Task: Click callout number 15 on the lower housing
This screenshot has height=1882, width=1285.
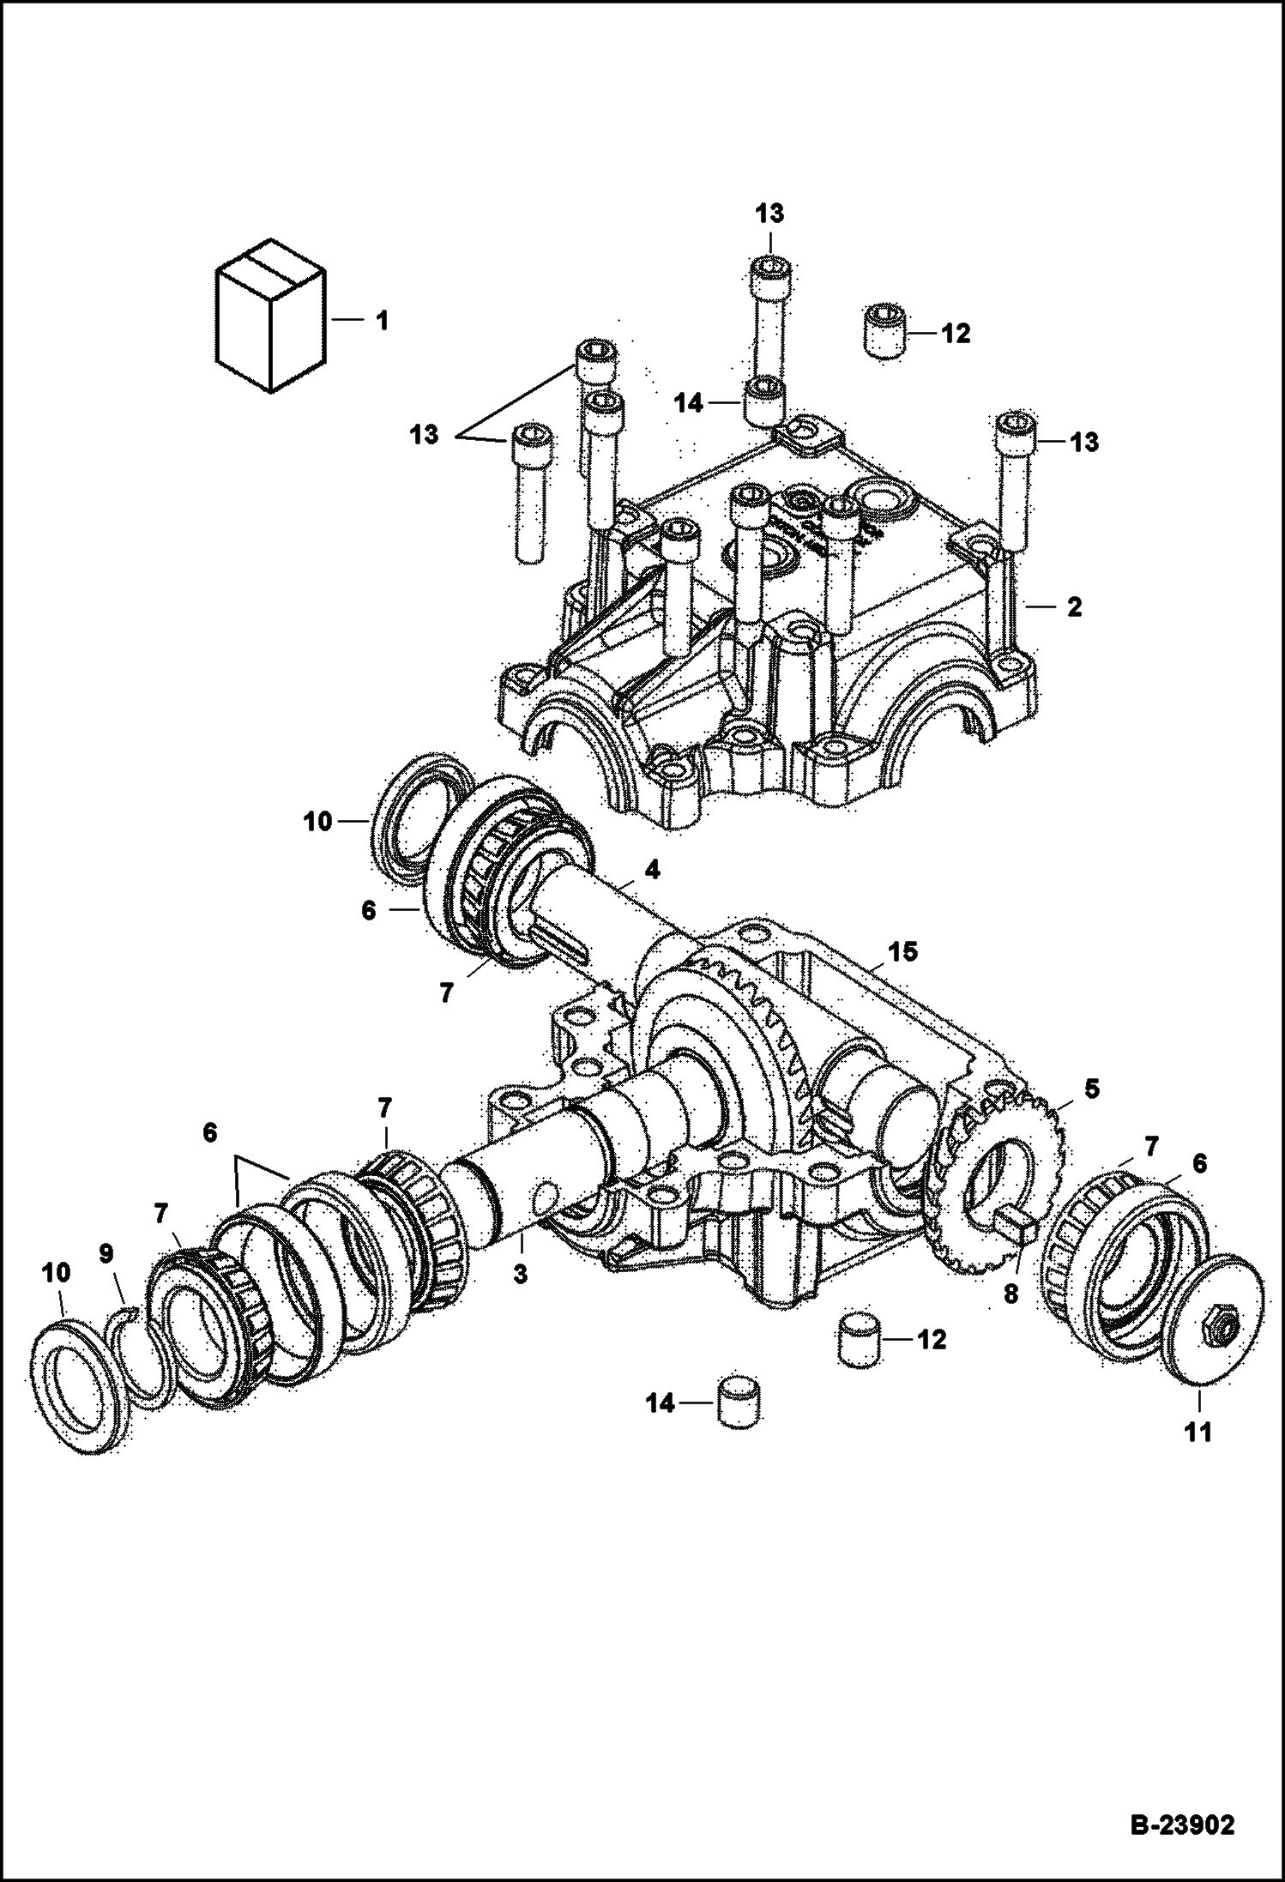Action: point(902,951)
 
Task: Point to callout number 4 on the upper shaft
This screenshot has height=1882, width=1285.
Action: point(652,870)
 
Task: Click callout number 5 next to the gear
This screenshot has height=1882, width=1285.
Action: point(1091,1089)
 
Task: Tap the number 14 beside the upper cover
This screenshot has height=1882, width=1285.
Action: point(690,403)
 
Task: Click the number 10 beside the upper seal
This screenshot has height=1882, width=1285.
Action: point(317,822)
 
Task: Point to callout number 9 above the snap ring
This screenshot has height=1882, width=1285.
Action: point(106,1254)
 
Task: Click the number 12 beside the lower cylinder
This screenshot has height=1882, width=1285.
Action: point(932,1339)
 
